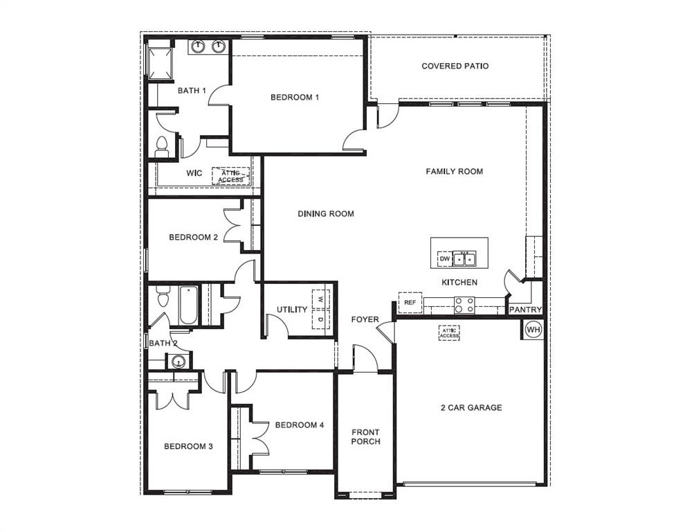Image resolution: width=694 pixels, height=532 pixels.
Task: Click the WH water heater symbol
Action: (533, 330)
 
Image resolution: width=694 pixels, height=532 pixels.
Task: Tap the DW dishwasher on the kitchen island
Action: (444, 260)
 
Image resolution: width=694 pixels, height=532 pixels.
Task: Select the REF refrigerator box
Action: (410, 303)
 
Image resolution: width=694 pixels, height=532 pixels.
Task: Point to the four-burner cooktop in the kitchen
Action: (464, 303)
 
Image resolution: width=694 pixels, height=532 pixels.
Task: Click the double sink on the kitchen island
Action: (464, 259)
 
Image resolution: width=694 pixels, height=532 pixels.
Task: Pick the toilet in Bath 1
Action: (162, 145)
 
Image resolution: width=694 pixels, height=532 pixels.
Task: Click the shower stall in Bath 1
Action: (160, 60)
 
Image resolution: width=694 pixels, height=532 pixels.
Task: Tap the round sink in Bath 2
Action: (178, 361)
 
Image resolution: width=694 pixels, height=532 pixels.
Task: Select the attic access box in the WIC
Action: (230, 176)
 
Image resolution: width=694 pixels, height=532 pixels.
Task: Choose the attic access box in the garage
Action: (449, 332)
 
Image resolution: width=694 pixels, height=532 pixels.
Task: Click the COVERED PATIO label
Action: (455, 66)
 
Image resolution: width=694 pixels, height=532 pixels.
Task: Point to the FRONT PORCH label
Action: (365, 437)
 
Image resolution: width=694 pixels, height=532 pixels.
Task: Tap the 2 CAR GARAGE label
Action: (471, 407)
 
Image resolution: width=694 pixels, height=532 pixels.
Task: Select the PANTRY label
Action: (526, 310)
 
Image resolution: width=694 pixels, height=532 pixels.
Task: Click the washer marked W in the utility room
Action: (320, 299)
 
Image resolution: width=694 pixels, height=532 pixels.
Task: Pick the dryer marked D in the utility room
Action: (320, 320)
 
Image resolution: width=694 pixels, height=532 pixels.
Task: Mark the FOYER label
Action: (365, 319)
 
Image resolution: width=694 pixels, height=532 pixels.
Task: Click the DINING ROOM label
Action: (326, 214)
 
